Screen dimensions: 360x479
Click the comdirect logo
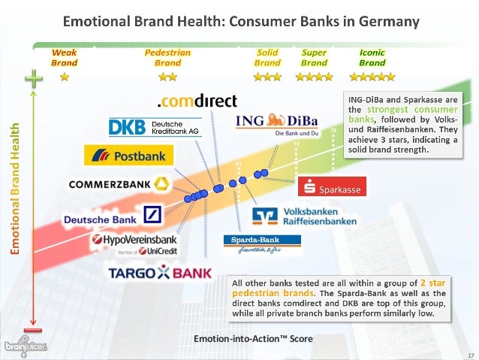coord(195,101)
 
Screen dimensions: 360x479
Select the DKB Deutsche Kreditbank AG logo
coord(155,127)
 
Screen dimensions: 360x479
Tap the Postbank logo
coord(128,156)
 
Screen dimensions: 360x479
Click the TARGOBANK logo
coord(160,273)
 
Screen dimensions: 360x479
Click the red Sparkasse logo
coord(333,188)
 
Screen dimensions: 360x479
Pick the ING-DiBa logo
coord(276,123)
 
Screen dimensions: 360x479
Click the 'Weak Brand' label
coord(64,58)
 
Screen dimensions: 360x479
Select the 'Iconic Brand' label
coord(372,58)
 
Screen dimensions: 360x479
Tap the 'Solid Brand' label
coord(268,58)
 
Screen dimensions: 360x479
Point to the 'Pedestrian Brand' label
coord(167,58)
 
